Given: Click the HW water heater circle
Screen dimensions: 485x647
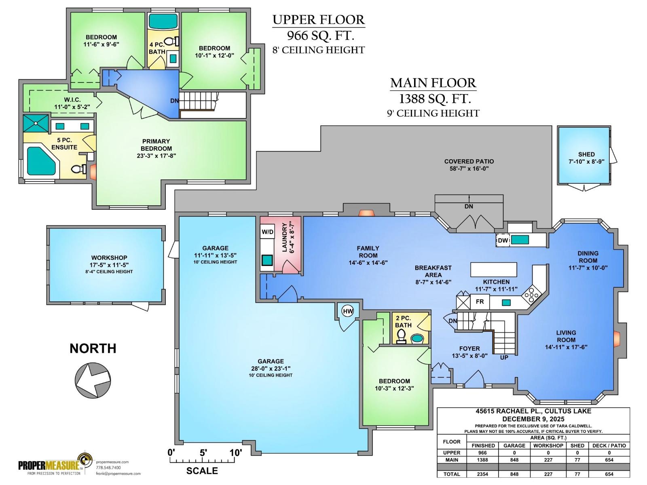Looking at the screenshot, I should (x=348, y=311).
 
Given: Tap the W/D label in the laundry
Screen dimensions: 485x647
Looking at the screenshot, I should (x=267, y=232).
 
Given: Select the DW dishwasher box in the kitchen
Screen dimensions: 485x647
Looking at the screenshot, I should (x=503, y=240).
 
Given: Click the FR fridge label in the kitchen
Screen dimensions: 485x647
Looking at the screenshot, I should (x=480, y=302).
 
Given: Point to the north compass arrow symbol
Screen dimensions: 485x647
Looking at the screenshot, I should (x=93, y=380).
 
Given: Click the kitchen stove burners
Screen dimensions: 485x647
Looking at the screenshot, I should (x=530, y=294).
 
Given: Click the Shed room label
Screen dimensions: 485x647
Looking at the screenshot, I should (x=586, y=154).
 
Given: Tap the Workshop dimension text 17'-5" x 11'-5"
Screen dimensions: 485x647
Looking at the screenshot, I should (x=109, y=265).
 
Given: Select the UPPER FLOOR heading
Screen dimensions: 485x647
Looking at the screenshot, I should (x=318, y=19).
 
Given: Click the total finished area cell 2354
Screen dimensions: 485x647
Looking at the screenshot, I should (x=482, y=474).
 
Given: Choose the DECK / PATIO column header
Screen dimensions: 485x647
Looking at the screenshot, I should (x=609, y=445).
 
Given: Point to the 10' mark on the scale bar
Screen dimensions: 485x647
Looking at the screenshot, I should (x=235, y=453).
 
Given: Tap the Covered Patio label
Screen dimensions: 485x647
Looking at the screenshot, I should (x=469, y=161).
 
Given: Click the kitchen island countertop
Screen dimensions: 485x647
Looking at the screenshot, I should (x=494, y=269).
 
